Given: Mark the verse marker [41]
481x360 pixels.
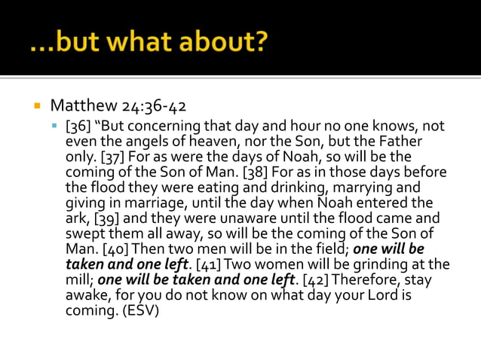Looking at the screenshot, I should point(209,264).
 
